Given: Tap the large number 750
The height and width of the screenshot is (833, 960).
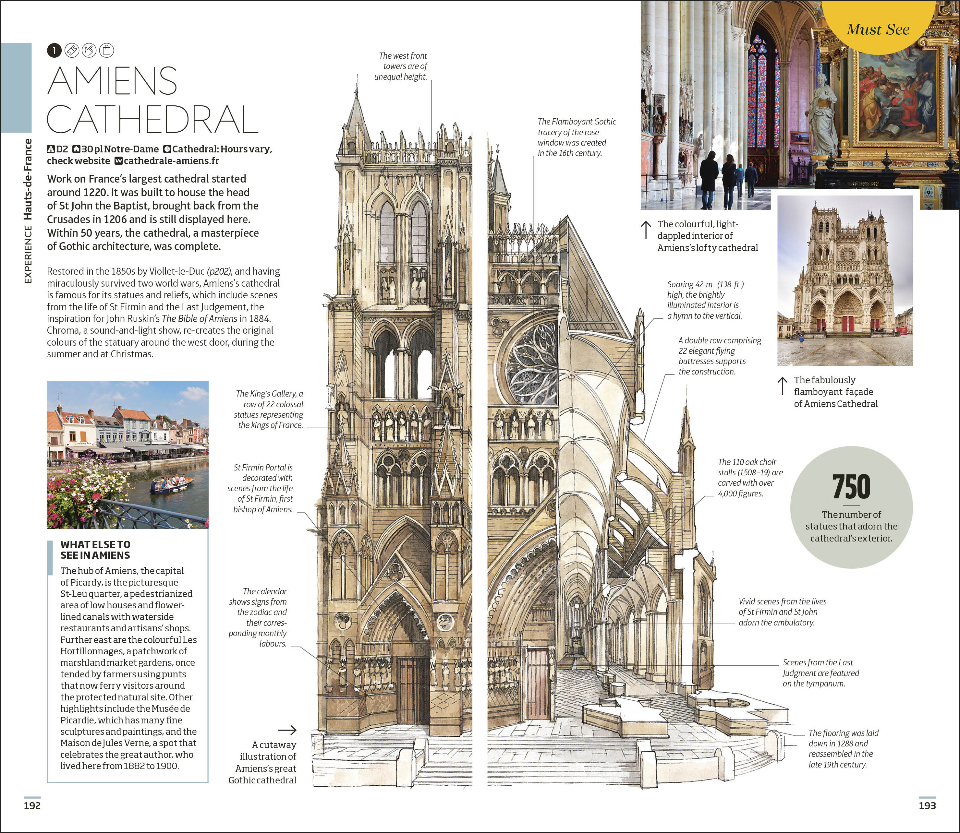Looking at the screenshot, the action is pyautogui.click(x=851, y=487).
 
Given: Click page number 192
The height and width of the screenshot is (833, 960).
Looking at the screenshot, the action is pyautogui.click(x=32, y=805).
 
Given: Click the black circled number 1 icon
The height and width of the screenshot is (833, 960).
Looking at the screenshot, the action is pyautogui.click(x=54, y=50).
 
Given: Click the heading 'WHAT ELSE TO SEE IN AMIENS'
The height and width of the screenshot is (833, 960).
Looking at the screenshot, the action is pyautogui.click(x=95, y=550).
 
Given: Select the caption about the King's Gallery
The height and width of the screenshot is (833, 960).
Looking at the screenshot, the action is pyautogui.click(x=269, y=410).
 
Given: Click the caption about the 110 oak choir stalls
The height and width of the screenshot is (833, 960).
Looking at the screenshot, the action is pyautogui.click(x=750, y=477).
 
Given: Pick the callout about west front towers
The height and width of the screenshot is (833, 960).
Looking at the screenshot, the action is pyautogui.click(x=401, y=66).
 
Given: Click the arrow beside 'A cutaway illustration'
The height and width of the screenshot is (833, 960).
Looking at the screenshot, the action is pyautogui.click(x=287, y=730).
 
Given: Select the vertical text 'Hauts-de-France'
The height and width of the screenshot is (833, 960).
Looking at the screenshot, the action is pyautogui.click(x=28, y=179).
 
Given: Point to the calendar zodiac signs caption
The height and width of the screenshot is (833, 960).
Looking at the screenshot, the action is pyautogui.click(x=258, y=617).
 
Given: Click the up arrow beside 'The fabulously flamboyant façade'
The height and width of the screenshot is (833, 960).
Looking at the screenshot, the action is pyautogui.click(x=783, y=386).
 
